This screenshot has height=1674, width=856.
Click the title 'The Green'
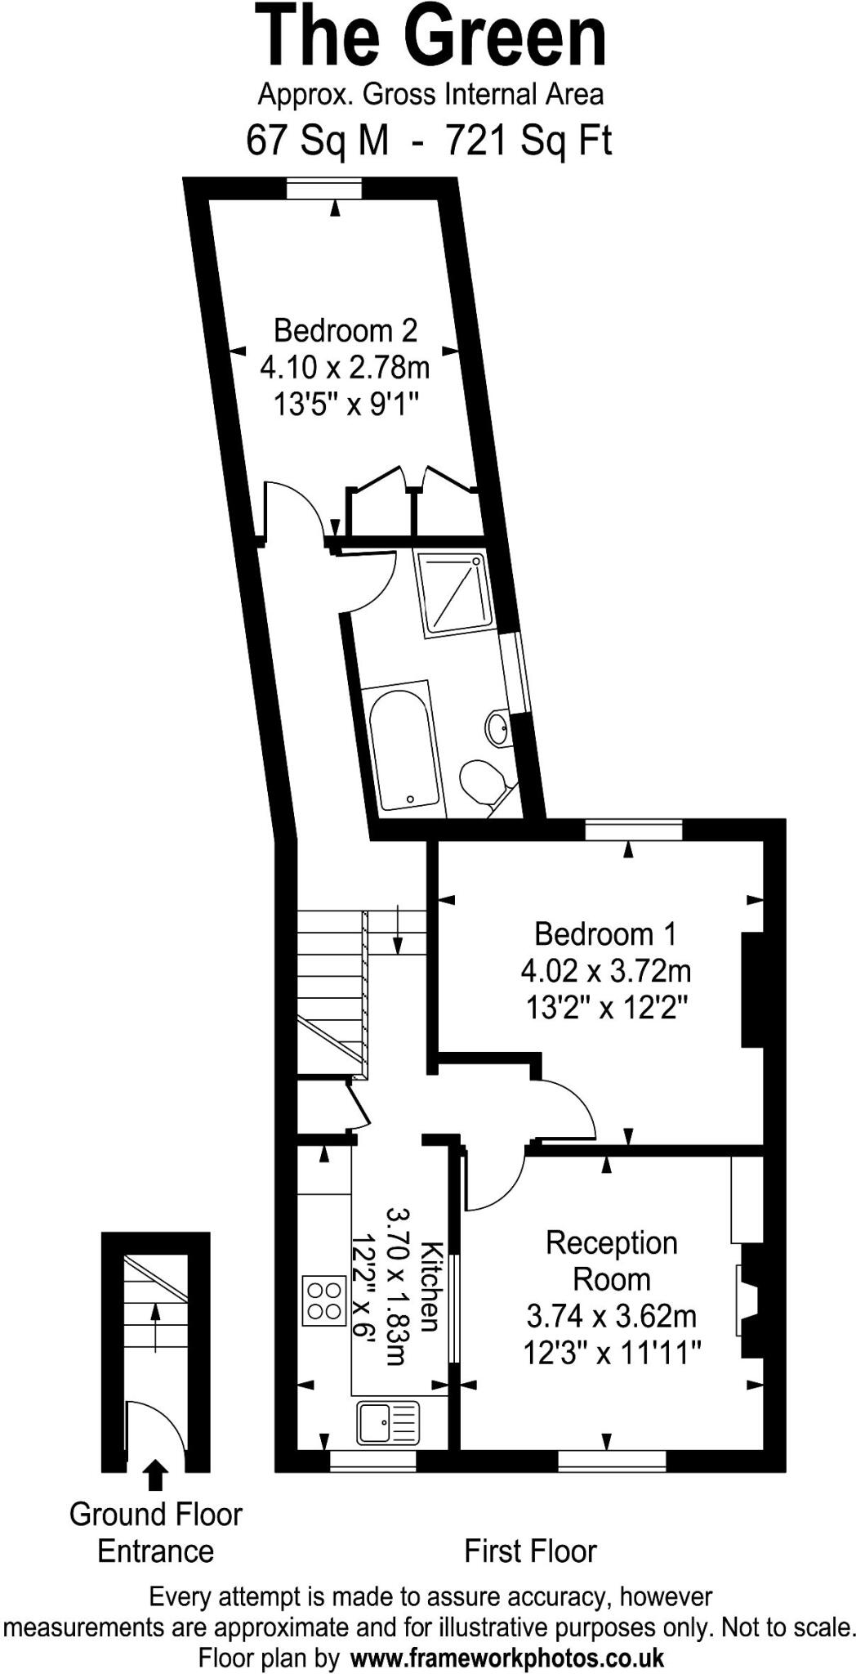(432, 37)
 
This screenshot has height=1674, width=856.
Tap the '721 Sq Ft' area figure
(528, 141)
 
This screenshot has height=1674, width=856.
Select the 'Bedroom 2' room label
(345, 330)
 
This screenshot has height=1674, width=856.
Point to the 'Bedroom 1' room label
(605, 933)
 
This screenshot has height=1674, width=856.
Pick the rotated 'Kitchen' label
(430, 1287)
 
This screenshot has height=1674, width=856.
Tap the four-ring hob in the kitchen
(323, 1300)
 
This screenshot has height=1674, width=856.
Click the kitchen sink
(387, 1422)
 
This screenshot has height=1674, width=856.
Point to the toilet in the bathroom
(481, 781)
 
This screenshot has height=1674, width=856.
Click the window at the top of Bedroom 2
(324, 189)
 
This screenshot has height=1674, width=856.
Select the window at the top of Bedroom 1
(633, 830)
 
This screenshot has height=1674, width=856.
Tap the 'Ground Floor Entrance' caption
(155, 1533)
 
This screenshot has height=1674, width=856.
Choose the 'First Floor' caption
(530, 1551)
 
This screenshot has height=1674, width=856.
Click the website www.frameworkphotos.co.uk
(506, 1658)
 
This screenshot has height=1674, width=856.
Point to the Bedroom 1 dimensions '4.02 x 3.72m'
(605, 971)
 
